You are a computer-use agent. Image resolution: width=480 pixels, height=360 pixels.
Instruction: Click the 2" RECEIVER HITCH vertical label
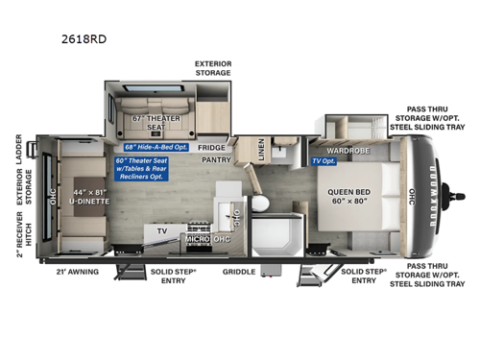[19, 236]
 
